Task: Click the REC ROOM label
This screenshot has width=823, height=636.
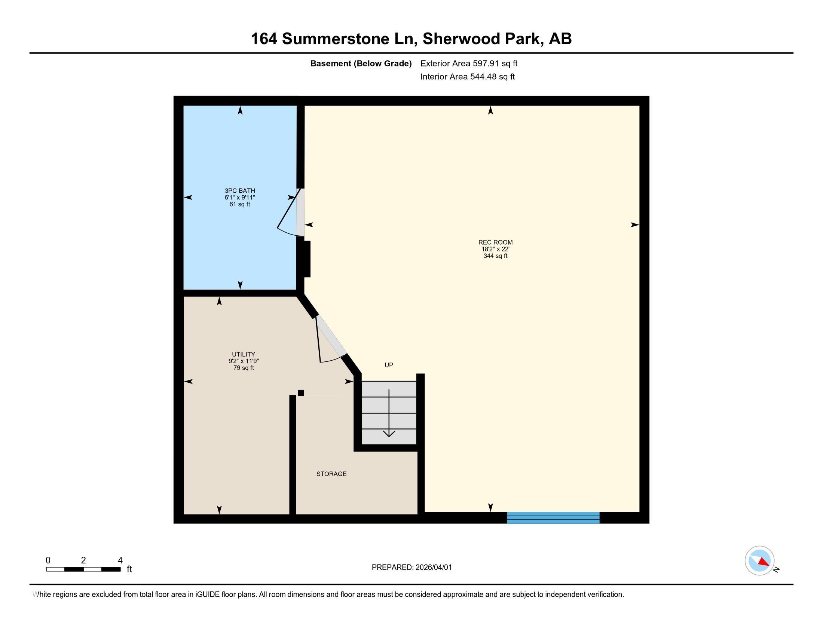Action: click(x=495, y=242)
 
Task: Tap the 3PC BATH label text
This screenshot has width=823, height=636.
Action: click(x=240, y=191)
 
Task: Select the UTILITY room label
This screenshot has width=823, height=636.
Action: click(x=244, y=354)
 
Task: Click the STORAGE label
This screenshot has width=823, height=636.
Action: click(x=331, y=474)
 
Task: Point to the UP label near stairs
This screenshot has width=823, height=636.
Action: click(x=389, y=365)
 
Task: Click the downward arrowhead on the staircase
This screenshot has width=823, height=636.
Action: click(x=389, y=434)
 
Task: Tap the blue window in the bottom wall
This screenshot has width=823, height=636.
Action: click(x=553, y=518)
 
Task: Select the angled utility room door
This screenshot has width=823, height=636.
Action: click(x=330, y=337)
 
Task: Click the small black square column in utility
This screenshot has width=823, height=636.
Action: click(x=301, y=393)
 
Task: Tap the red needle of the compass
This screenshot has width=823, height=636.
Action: click(x=764, y=562)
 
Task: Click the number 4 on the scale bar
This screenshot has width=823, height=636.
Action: click(x=120, y=560)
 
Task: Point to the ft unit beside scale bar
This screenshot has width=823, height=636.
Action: click(x=129, y=569)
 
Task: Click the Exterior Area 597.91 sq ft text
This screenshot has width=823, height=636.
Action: click(x=469, y=64)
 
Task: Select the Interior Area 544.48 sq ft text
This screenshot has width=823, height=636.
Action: click(x=467, y=77)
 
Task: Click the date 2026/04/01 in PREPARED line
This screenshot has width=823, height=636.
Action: click(x=433, y=568)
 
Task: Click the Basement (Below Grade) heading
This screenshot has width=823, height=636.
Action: click(x=361, y=64)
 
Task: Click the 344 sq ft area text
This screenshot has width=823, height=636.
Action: click(x=495, y=256)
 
